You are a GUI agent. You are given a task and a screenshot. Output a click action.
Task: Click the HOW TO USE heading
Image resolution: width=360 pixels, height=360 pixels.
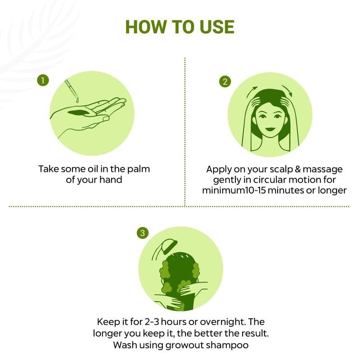180,27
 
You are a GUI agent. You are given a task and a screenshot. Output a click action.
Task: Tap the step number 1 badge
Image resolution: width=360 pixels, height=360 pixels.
43,81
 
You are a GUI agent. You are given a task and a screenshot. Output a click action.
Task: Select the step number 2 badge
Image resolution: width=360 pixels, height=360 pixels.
225,82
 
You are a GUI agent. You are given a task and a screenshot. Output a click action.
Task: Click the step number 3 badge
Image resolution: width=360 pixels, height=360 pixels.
143,233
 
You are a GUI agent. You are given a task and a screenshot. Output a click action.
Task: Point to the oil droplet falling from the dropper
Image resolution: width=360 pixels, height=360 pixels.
77,100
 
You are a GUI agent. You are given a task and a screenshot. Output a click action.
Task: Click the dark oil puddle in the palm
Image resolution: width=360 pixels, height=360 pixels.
78,113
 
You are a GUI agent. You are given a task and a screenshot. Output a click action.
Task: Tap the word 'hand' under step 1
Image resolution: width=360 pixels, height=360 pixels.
111,180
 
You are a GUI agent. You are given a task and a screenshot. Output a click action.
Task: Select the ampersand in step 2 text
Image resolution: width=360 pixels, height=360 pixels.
297,169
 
